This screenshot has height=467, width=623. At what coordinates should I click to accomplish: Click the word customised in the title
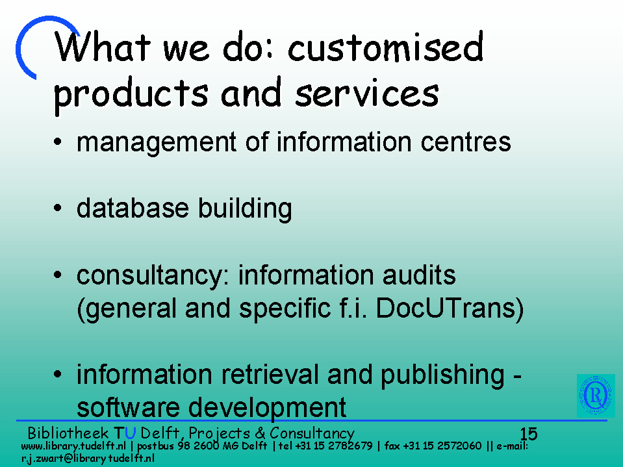[x=385, y=47]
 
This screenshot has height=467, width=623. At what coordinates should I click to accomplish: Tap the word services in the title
[x=367, y=93]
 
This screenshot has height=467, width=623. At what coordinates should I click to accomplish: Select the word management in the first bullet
[x=157, y=143]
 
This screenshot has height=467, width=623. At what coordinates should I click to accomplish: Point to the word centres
[x=466, y=142]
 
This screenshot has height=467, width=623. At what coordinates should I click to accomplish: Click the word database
[x=133, y=208]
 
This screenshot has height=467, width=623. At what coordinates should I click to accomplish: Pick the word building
[x=245, y=209]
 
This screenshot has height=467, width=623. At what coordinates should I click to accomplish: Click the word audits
[x=419, y=275]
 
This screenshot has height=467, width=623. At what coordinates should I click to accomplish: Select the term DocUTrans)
[x=450, y=309]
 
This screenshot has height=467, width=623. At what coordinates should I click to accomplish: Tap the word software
[x=127, y=407]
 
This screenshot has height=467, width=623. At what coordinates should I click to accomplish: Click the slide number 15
[x=528, y=434]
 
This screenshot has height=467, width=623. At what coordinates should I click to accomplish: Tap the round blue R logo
[x=596, y=396]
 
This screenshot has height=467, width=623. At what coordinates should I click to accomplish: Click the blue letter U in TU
[x=131, y=433]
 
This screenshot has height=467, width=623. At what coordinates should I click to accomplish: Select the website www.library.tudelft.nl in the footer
[x=73, y=446]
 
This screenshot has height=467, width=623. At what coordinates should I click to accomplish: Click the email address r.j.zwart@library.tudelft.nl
[x=88, y=459]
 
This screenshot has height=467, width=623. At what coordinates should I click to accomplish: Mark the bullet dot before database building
[x=58, y=208]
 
